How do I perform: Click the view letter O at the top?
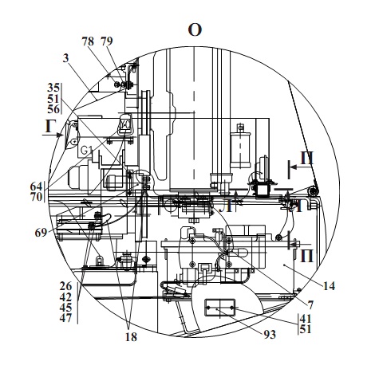pos(195,30)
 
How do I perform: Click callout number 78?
pos(88,41)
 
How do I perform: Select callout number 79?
pos(107,41)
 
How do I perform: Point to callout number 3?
pos(66,57)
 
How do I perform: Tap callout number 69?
pos(41,233)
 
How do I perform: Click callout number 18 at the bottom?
pos(131,337)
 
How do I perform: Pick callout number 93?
pos(270,335)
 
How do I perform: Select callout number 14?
pos(329,286)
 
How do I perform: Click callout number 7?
pos(310,305)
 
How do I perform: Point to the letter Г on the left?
pos(49,127)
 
